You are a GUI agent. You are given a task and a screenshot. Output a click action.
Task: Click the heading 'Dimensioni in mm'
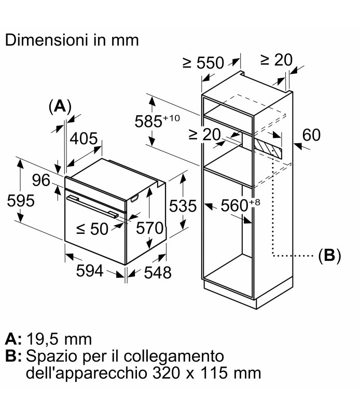[72, 40]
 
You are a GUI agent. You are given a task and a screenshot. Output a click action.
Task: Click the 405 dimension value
[84, 139]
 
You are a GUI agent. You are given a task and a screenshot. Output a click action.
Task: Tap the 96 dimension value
[40, 181]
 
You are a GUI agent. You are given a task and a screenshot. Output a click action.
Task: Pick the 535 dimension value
[183, 206]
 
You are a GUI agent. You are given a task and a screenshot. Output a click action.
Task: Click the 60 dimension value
[311, 135]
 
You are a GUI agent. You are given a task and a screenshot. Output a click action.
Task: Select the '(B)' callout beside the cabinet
[328, 255]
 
